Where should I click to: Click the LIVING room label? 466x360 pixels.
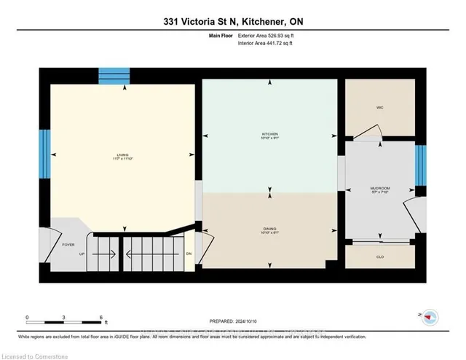(122, 154)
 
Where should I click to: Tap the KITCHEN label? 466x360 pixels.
(271, 134)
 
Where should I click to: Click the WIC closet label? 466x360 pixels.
(379, 108)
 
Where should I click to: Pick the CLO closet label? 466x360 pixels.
(380, 257)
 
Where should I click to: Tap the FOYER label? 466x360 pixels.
(68, 245)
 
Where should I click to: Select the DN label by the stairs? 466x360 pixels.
(189, 254)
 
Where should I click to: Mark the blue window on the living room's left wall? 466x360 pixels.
(44, 149)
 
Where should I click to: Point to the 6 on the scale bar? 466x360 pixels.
(100, 318)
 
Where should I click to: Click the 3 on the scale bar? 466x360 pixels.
(64, 318)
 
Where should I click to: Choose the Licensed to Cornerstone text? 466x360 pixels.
(34, 354)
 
